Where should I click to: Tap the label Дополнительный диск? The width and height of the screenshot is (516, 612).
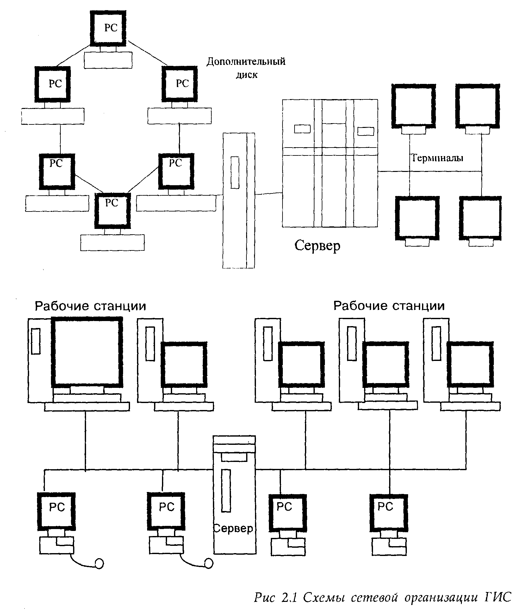point(246,67)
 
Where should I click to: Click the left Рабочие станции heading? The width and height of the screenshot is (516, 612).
point(90,306)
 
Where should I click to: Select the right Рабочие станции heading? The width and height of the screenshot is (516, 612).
point(389,306)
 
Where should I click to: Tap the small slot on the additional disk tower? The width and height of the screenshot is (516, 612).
point(235,173)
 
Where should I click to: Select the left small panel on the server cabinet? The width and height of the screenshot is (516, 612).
point(302,129)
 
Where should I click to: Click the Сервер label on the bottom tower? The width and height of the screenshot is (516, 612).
point(233,528)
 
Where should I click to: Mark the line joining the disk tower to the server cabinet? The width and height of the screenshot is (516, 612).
point(268,194)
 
